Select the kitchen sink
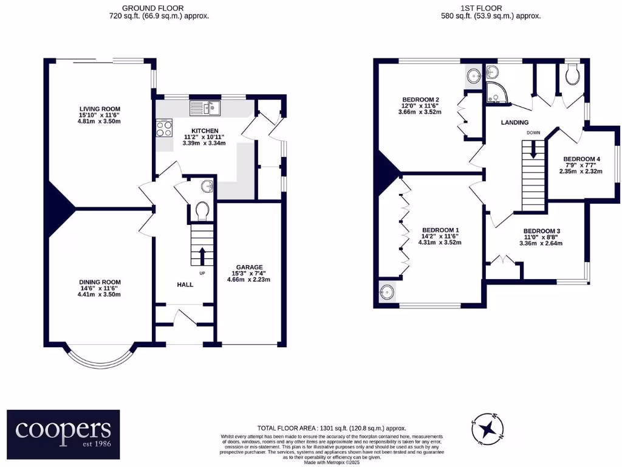(205, 108)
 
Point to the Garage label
(249, 267)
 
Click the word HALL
(185, 284)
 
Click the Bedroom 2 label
(420, 100)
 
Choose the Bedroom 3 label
(541, 231)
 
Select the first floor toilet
(571, 75)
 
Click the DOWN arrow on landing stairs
(533, 150)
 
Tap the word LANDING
(514, 123)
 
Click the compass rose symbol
(487, 429)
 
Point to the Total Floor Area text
(332, 429)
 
